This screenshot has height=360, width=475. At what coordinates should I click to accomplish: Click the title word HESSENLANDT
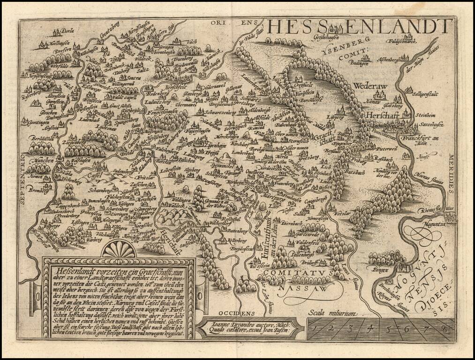[x=354, y=26]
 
